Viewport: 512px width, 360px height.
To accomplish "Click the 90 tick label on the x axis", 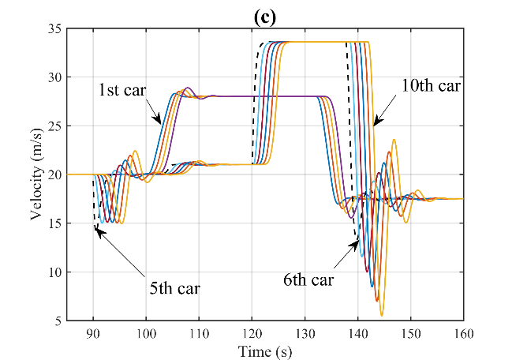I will [x=94, y=332].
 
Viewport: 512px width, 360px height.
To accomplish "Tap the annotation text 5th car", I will [x=174, y=287].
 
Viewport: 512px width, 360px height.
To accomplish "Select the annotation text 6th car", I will [x=309, y=279].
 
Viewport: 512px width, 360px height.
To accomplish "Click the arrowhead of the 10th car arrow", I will [x=376, y=124].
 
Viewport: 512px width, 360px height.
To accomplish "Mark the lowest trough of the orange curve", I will [x=382, y=316].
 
